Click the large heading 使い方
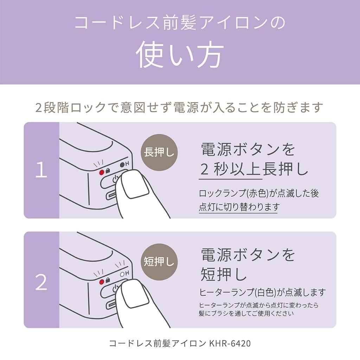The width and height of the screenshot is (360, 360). [x=180, y=54]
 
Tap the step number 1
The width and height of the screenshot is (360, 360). [x=41, y=169]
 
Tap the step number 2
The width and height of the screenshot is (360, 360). [x=41, y=282]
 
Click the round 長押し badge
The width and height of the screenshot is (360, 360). [x=159, y=153]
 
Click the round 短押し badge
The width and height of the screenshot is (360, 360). [x=159, y=262]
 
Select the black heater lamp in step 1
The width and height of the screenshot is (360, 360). [x=122, y=165]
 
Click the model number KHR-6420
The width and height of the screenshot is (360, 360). [x=230, y=343]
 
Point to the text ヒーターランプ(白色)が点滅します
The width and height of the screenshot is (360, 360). [x=262, y=292]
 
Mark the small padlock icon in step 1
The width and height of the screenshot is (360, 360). [x=108, y=171]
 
